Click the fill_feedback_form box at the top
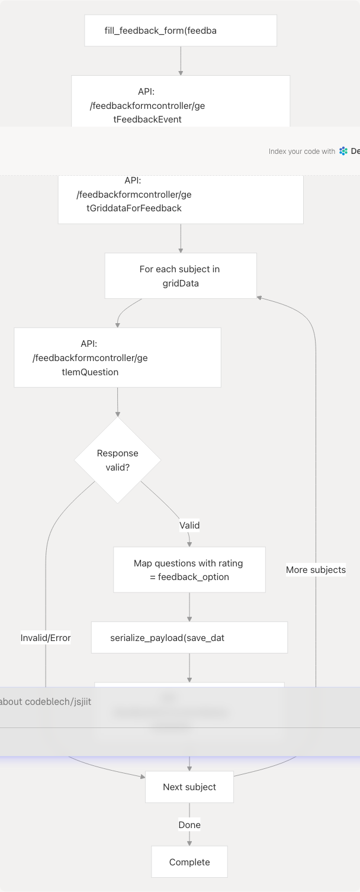(x=181, y=31)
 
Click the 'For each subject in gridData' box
(x=181, y=276)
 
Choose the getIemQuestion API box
(x=117, y=358)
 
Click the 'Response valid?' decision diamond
(x=117, y=460)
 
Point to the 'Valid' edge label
(x=189, y=525)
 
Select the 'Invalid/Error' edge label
(x=46, y=637)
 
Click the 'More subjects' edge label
(x=316, y=569)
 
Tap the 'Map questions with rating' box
(x=189, y=569)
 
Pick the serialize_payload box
(x=189, y=637)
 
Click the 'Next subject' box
(x=189, y=787)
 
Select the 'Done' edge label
(x=189, y=825)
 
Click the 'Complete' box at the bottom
(x=189, y=862)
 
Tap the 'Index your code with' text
(x=302, y=152)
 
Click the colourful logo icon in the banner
(x=343, y=152)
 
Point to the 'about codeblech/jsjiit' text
(x=46, y=701)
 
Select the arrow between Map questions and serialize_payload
(x=189, y=607)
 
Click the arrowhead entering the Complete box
(x=189, y=843)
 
